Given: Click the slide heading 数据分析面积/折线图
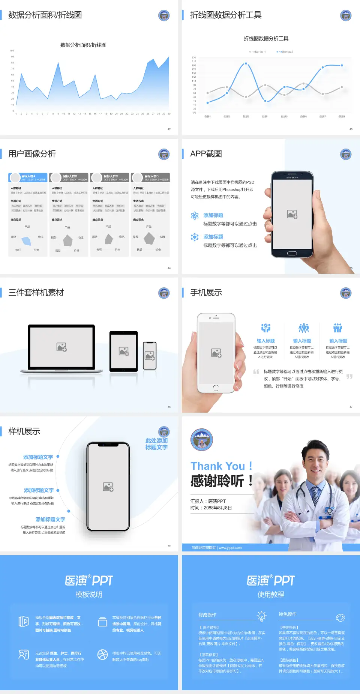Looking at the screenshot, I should click(45, 15).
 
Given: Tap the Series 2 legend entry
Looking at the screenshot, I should click(285, 52).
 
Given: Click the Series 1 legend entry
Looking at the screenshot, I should click(258, 52).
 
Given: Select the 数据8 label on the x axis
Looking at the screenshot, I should click(342, 117).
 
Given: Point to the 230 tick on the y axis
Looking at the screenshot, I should click(194, 57).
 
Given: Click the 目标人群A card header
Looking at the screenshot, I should click(28, 177).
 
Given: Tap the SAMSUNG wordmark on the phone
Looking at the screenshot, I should click(292, 177).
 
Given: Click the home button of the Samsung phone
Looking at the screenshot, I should click(292, 253).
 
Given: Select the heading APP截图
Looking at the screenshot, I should click(206, 154).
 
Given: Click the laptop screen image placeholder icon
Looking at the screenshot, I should click(61, 347).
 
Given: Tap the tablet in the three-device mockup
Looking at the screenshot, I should click(124, 351).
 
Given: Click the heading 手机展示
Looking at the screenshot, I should click(206, 293).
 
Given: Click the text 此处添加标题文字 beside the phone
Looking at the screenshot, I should click(156, 444).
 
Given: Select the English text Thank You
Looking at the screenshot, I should click(217, 466).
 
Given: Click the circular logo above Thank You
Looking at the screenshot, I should click(202, 440).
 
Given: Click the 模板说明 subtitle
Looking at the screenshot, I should click(89, 595).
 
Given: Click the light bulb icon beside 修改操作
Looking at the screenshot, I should click(261, 616).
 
